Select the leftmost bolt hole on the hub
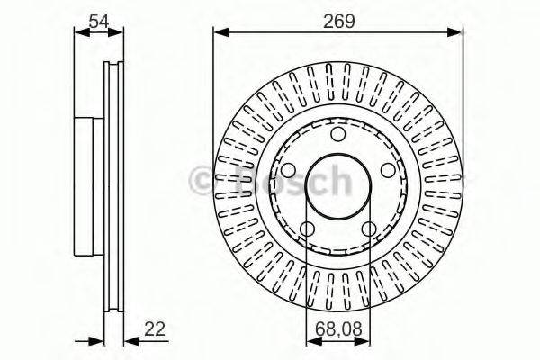[x=288, y=170]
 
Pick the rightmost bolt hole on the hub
[x=388, y=170]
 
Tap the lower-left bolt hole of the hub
[x=307, y=229]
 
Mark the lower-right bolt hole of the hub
[x=369, y=229]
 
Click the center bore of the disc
[x=337, y=186]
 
